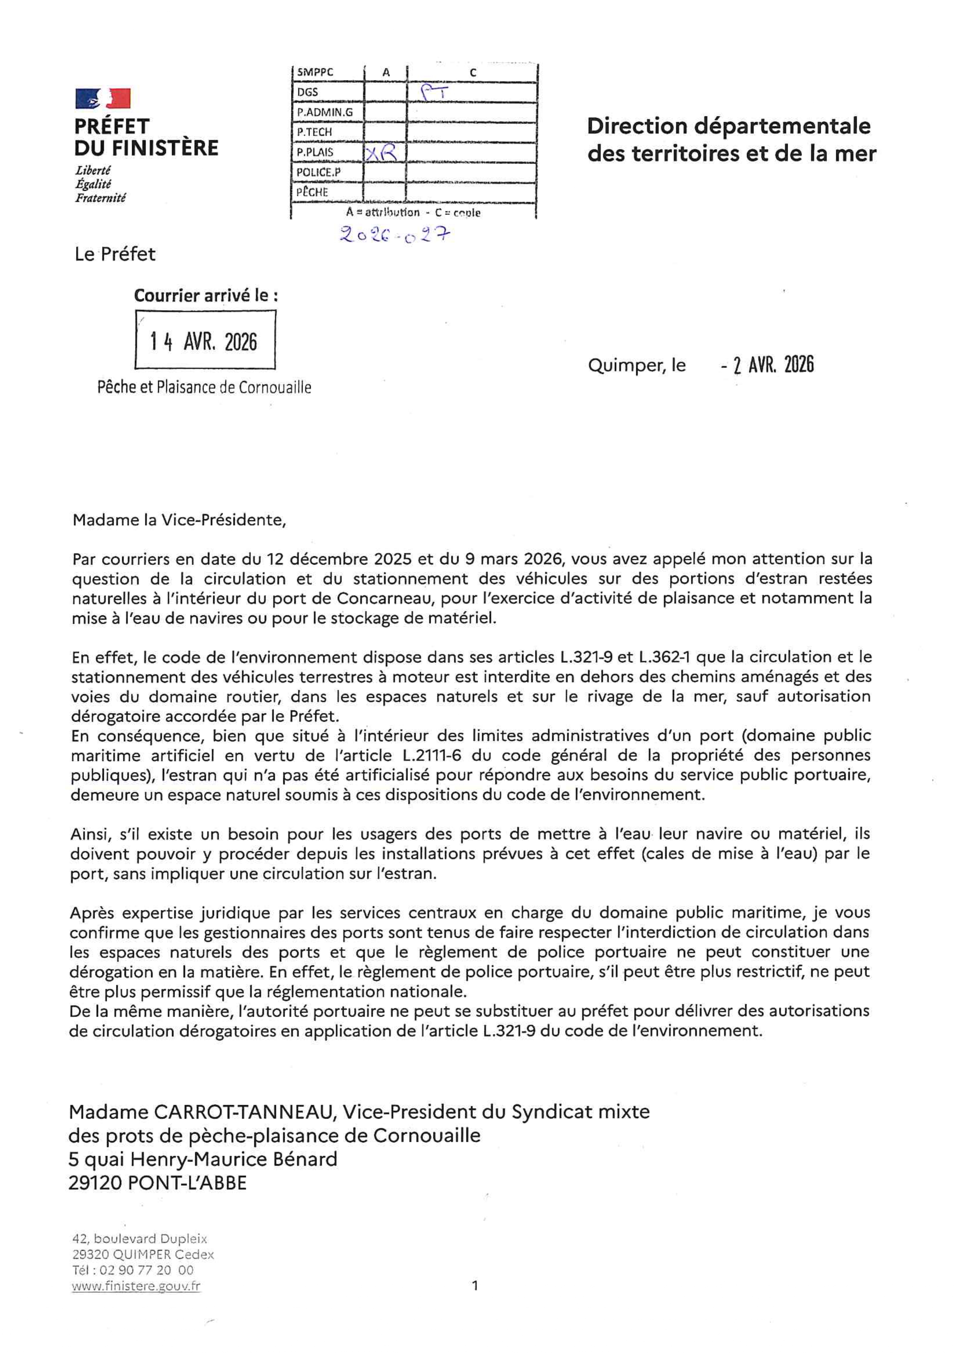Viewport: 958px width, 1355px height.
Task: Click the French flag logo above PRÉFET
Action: click(x=103, y=98)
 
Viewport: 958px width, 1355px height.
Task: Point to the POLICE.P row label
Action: click(x=319, y=172)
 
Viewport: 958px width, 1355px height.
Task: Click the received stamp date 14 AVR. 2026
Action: click(x=204, y=342)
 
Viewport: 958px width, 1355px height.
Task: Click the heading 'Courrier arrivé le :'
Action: click(x=206, y=295)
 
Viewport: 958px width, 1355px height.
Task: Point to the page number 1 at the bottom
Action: click(x=475, y=1285)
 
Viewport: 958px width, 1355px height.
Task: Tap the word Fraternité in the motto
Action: click(x=100, y=198)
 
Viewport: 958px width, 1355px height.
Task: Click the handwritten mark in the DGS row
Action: click(x=435, y=92)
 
